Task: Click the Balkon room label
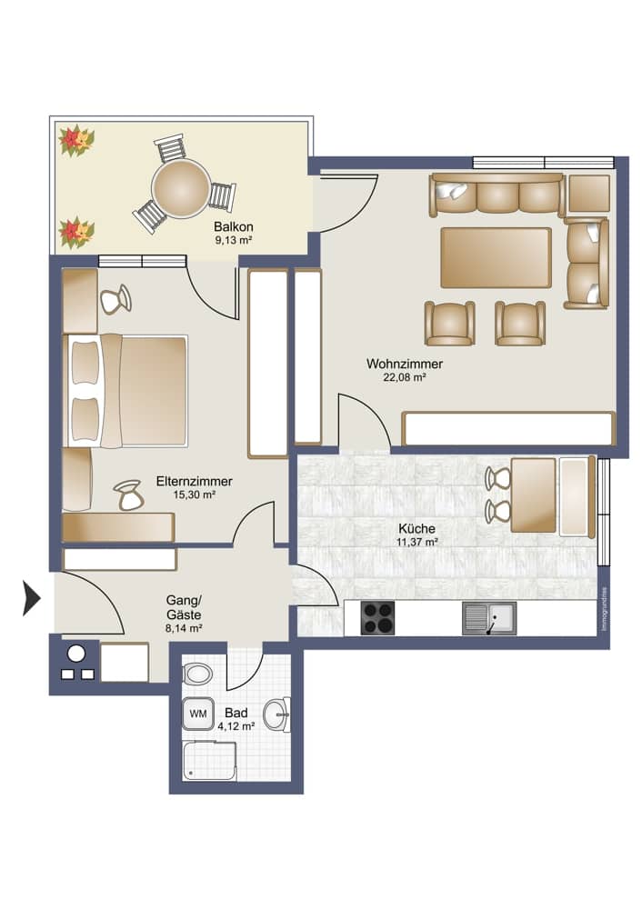tap(233, 226)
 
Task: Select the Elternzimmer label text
tap(195, 482)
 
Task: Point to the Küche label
tap(416, 528)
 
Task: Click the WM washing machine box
tap(197, 714)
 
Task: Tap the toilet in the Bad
tap(196, 674)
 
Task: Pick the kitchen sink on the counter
tap(489, 618)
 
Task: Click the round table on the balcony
tap(180, 187)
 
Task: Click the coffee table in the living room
tap(497, 257)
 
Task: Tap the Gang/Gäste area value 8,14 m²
tap(184, 627)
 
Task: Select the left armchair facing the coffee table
tap(449, 323)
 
